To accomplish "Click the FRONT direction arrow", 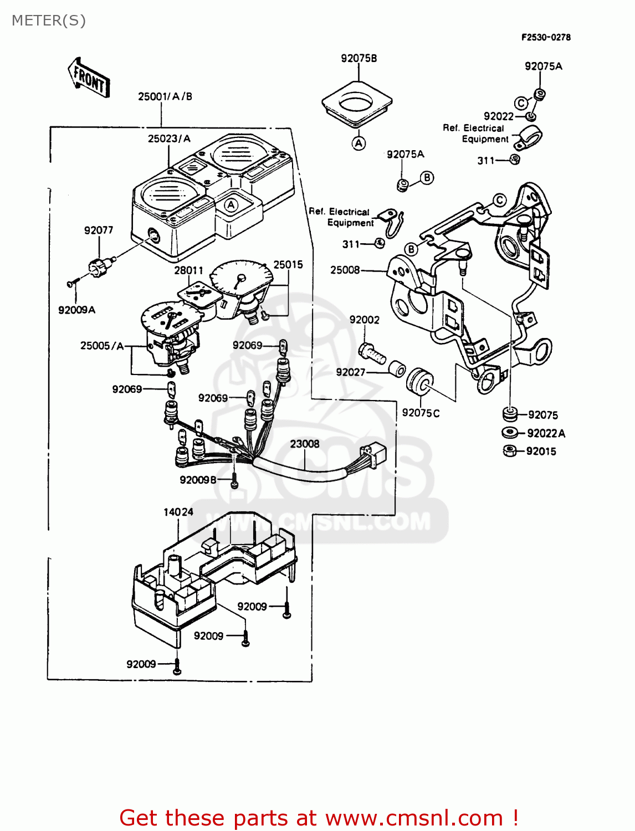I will pyautogui.click(x=89, y=78).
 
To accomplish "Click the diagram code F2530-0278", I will pyautogui.click(x=545, y=37).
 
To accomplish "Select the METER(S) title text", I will pyautogui.click(x=49, y=20).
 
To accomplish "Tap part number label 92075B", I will pyautogui.click(x=359, y=58).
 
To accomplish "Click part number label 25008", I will pyautogui.click(x=345, y=270).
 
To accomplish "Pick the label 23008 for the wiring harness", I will pyautogui.click(x=304, y=444).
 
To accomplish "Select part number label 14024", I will pyautogui.click(x=178, y=512).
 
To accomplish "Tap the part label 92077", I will pyautogui.click(x=99, y=230).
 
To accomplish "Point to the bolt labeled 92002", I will pyautogui.click(x=372, y=352).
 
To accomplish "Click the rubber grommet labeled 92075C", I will pyautogui.click(x=419, y=382).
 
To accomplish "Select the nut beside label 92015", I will pyautogui.click(x=509, y=451).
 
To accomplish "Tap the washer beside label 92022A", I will pyautogui.click(x=509, y=433).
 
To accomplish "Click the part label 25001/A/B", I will pyautogui.click(x=165, y=96).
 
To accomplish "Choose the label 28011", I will pyautogui.click(x=188, y=270).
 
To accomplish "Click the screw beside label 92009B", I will pyautogui.click(x=234, y=483).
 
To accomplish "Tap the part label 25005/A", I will pyautogui.click(x=102, y=346).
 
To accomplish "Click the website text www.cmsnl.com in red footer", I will pyautogui.click(x=414, y=818).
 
